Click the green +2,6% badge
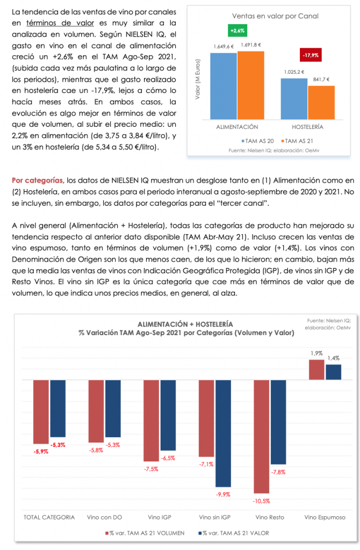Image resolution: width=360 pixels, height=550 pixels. [x=237, y=31]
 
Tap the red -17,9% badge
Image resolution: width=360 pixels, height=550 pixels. [x=311, y=55]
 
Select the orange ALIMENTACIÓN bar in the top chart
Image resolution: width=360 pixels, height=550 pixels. [x=251, y=85]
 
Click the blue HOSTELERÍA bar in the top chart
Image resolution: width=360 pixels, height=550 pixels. [x=294, y=99]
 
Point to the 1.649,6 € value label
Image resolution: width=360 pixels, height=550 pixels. [x=224, y=46]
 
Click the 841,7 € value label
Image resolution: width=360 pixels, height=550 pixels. [x=321, y=79]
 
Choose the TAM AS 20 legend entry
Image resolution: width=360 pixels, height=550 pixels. [x=257, y=141]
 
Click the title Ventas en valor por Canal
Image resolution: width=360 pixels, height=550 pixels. [x=275, y=16]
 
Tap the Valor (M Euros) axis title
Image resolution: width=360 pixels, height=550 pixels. [x=198, y=79]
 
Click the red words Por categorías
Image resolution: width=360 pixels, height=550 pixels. [x=37, y=180]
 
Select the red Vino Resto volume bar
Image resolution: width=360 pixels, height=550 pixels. [x=262, y=437]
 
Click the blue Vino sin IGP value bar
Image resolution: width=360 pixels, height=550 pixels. [x=223, y=433]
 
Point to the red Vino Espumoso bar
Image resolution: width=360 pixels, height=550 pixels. [x=316, y=370]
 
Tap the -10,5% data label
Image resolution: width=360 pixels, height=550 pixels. [x=262, y=501]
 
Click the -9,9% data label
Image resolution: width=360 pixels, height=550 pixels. [x=223, y=495]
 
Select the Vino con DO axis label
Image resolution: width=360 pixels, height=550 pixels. [x=105, y=517]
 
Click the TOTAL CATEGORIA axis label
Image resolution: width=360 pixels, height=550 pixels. [x=49, y=517]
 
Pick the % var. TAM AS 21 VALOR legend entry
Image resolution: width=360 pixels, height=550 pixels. [x=234, y=533]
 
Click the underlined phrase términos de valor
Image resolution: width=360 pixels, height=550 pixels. [x=60, y=23]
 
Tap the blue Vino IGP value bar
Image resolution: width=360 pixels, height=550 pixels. [x=168, y=415]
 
